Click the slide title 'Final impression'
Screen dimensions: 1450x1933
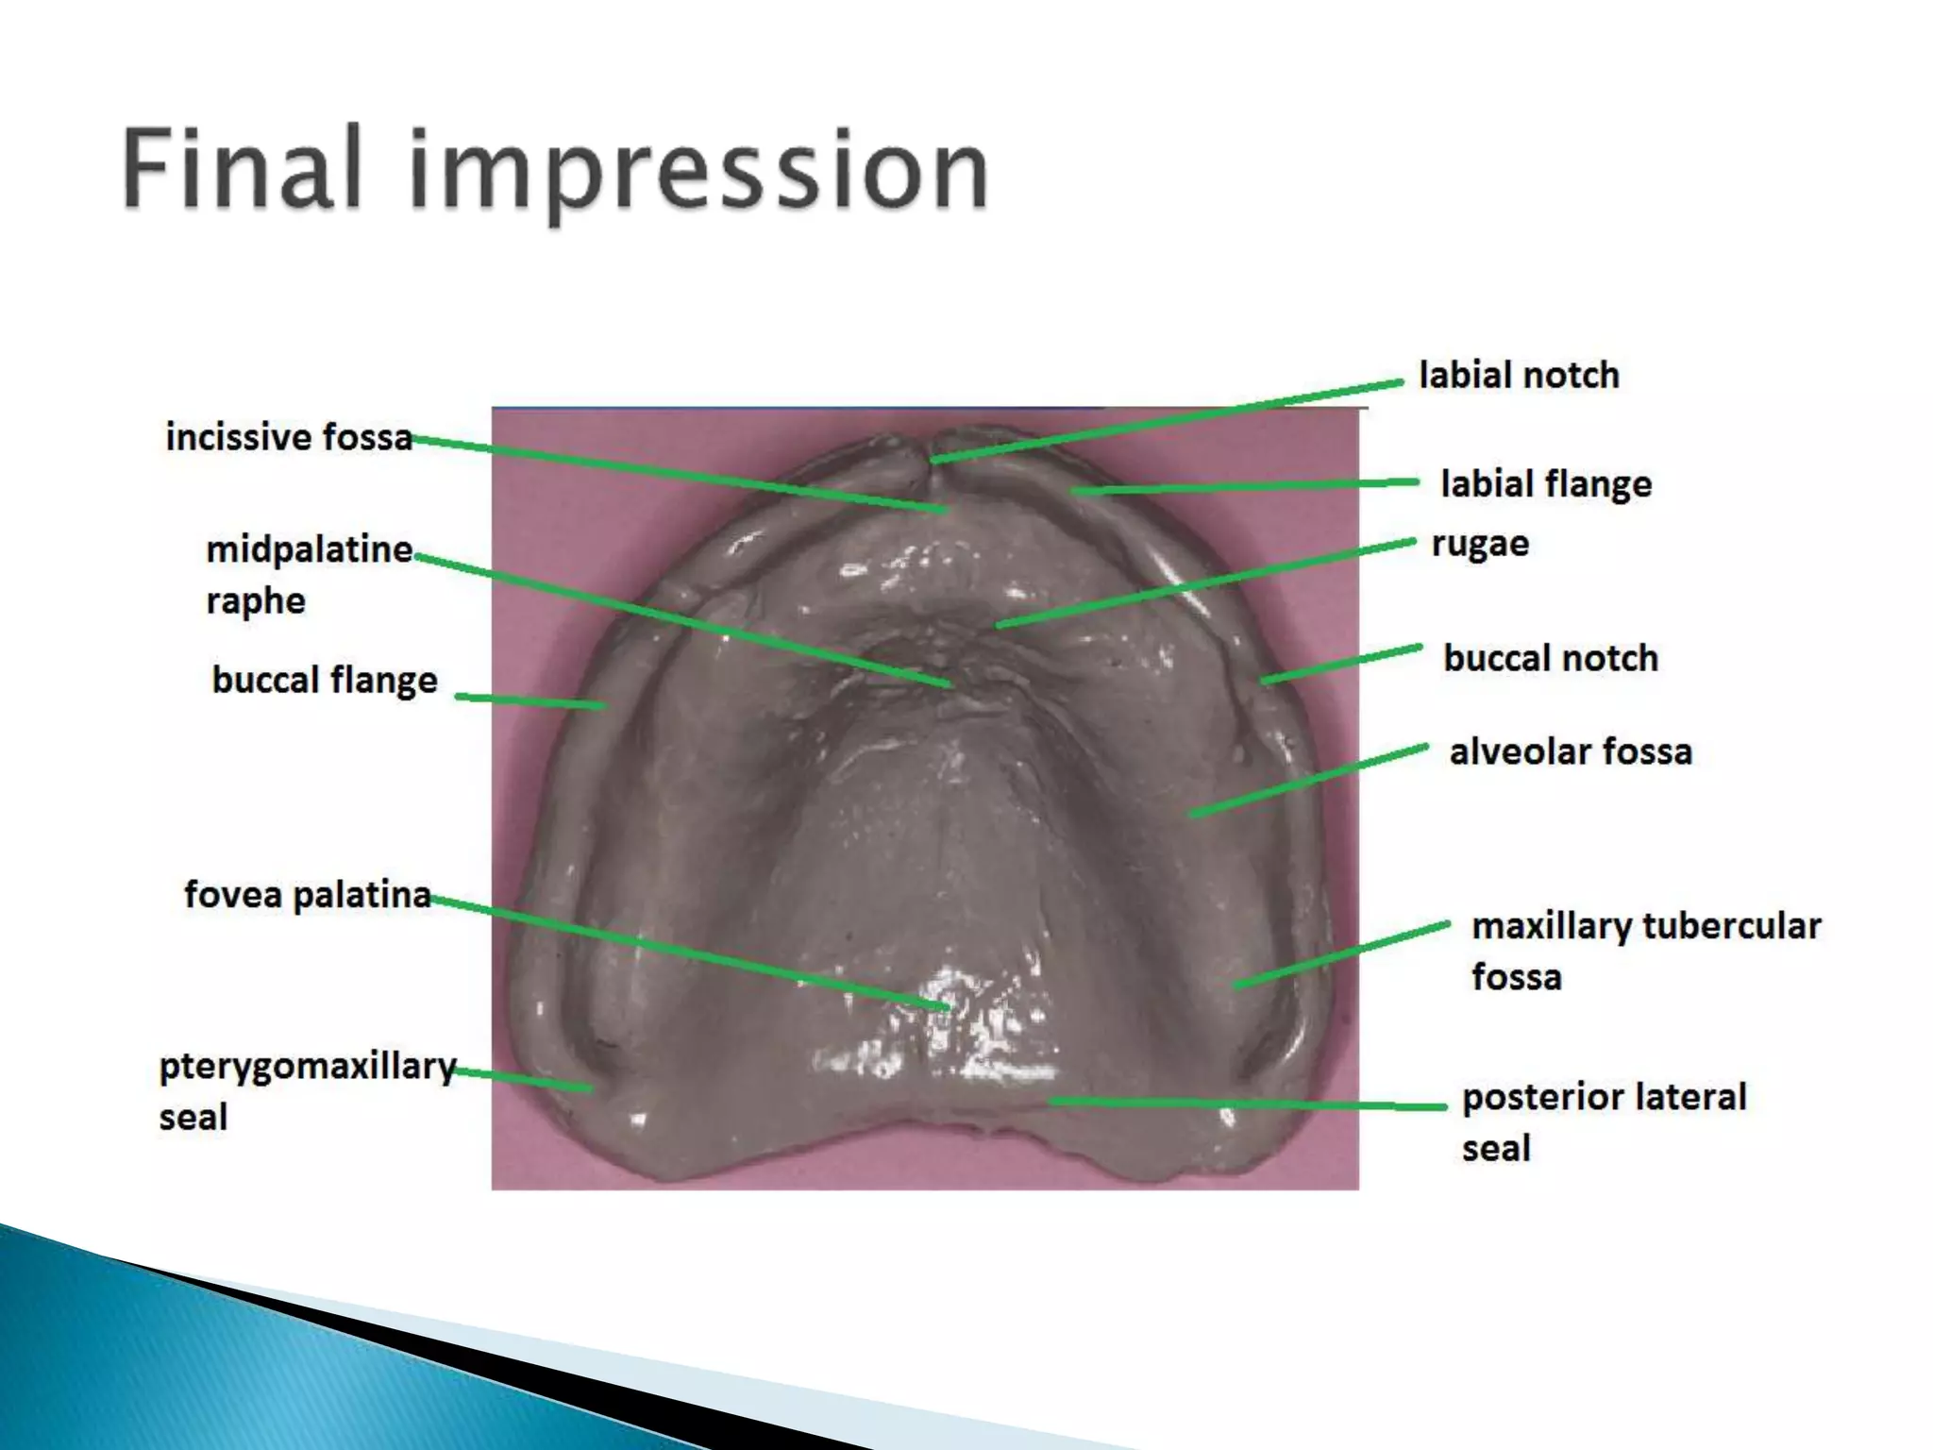pyautogui.click(x=555, y=170)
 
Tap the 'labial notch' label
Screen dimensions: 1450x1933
pyautogui.click(x=1519, y=376)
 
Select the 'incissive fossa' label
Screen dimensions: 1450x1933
pyautogui.click(x=289, y=437)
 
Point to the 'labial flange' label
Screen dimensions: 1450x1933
pyautogui.click(x=1545, y=484)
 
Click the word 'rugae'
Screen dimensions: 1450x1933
pyautogui.click(x=1479, y=544)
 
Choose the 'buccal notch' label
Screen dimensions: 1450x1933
pyautogui.click(x=1550, y=658)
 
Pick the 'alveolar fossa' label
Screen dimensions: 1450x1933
pyautogui.click(x=1571, y=752)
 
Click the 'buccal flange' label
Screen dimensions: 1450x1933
pyautogui.click(x=325, y=680)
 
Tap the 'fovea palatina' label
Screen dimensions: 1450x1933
pyautogui.click(x=308, y=894)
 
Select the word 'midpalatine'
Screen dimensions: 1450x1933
pyautogui.click(x=310, y=549)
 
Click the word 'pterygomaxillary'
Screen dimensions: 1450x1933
pyautogui.click(x=308, y=1067)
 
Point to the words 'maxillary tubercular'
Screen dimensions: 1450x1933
pyautogui.click(x=1645, y=926)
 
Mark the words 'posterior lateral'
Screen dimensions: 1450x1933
pyautogui.click(x=1604, y=1097)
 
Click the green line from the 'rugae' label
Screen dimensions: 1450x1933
pyautogui.click(x=1208, y=582)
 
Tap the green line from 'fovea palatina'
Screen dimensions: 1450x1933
pyautogui.click(x=689, y=952)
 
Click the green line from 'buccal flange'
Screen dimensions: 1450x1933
pyautogui.click(x=529, y=701)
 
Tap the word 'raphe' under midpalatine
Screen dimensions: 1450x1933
pyautogui.click(x=256, y=601)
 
